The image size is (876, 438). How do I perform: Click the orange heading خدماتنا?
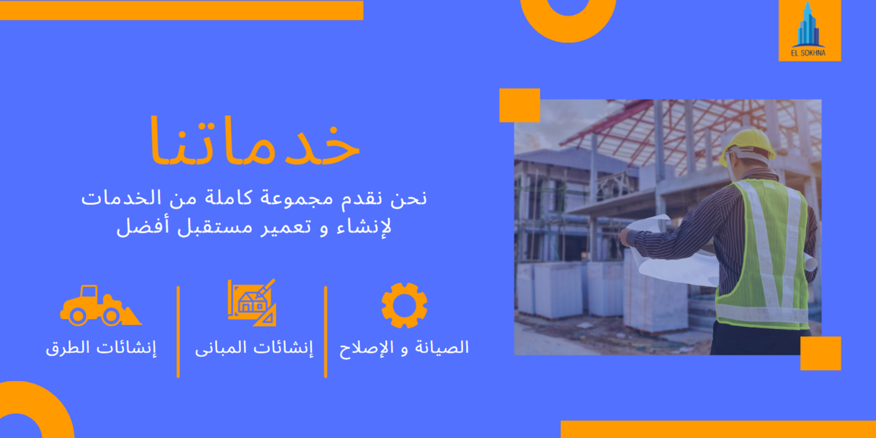pyautogui.click(x=255, y=141)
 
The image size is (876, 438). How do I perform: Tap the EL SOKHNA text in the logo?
pyautogui.click(x=808, y=53)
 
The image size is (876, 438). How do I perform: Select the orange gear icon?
pyautogui.click(x=405, y=306)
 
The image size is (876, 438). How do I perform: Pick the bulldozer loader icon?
pyautogui.click(x=101, y=306)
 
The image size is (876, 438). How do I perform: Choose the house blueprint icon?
pyautogui.click(x=252, y=303)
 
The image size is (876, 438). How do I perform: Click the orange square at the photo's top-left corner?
pyautogui.click(x=520, y=105)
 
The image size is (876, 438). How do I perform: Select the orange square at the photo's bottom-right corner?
pyautogui.click(x=821, y=353)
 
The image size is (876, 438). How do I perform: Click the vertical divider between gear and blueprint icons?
pyautogui.click(x=325, y=332)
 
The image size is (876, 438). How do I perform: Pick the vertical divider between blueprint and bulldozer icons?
pyautogui.click(x=178, y=332)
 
